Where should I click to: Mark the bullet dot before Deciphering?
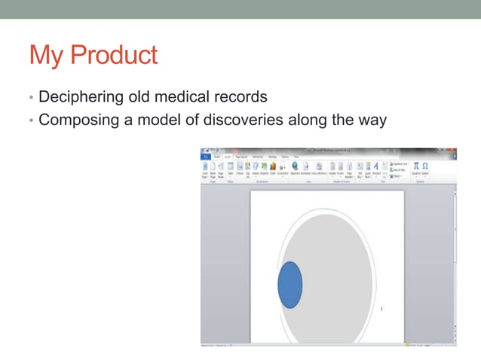coord(31,98)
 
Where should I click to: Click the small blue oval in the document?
coord(290,285)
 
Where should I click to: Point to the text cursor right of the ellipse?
coord(382,308)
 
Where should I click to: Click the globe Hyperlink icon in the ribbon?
coord(295,166)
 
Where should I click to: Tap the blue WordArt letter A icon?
coord(375,166)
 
